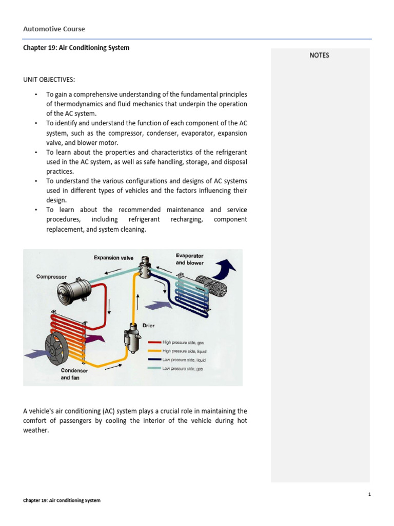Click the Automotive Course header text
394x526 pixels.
pos(54,29)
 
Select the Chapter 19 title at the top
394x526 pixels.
pos(76,48)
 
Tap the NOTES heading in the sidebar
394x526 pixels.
pos(319,55)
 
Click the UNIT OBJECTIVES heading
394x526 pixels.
pos(49,80)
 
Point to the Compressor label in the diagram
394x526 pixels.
pos(51,277)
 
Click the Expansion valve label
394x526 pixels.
pos(113,258)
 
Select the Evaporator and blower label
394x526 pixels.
pos(189,259)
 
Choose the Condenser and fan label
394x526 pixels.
pos(74,374)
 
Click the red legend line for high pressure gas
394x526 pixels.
pos(154,342)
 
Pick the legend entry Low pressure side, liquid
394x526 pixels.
pos(184,360)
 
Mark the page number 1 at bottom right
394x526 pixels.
pos(369,494)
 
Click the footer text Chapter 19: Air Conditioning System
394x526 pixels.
pos(62,500)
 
